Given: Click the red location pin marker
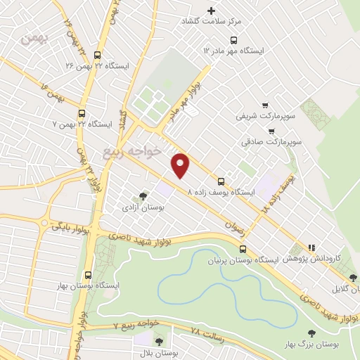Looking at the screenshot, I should coord(181,165).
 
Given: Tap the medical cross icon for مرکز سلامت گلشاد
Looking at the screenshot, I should coord(211,11).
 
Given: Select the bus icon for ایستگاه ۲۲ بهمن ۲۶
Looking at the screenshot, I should coord(96,55).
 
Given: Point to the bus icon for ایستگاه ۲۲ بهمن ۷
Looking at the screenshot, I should coord(82,113).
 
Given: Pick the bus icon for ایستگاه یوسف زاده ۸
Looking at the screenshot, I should coord(221,181).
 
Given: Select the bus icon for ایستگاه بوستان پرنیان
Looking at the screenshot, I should coord(243,249).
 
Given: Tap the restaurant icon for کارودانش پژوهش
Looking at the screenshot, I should coord(311,247).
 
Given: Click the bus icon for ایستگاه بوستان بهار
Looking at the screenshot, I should coord(88,275).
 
